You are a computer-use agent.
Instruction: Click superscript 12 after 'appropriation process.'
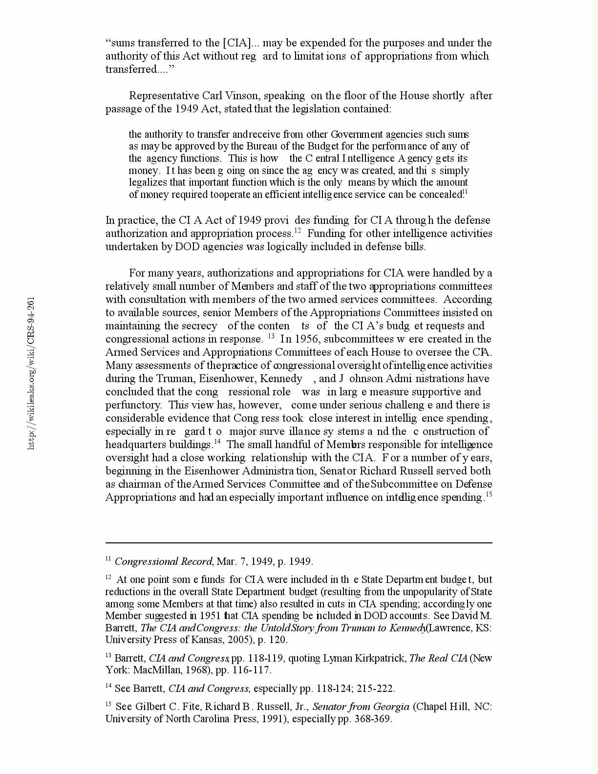coord(297,230)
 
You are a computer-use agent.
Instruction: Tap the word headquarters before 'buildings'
coord(131,445)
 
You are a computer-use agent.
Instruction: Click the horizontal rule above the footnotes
coord(299,542)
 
